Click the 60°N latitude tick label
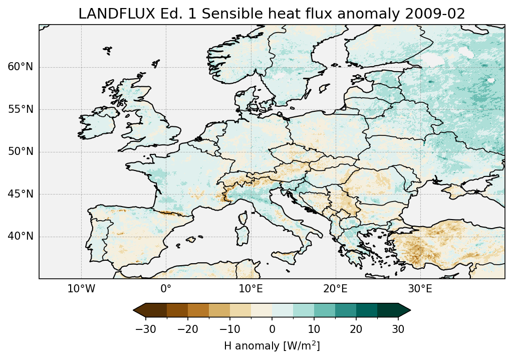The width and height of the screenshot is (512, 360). (20, 67)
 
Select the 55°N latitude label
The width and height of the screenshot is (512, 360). (20, 109)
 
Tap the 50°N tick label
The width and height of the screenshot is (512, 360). (20, 151)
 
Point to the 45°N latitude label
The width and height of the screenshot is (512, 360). (20, 194)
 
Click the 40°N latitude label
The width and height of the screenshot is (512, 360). (20, 236)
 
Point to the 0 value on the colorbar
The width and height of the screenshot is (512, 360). (272, 329)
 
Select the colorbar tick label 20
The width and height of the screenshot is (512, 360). (356, 329)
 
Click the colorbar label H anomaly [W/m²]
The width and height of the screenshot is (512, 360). (272, 345)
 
